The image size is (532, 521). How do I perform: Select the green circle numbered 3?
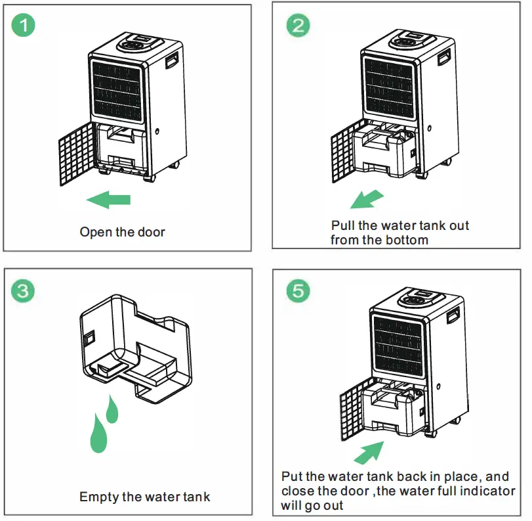point(24,290)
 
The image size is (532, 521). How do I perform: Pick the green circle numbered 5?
point(298,290)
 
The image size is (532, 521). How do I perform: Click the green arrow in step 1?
point(108,199)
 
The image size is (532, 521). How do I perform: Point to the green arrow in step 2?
point(366,198)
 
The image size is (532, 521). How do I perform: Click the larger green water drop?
point(100,434)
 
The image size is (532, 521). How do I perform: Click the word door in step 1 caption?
point(152,232)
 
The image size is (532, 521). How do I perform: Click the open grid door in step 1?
point(77,153)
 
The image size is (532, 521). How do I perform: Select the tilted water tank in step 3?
point(134,348)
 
